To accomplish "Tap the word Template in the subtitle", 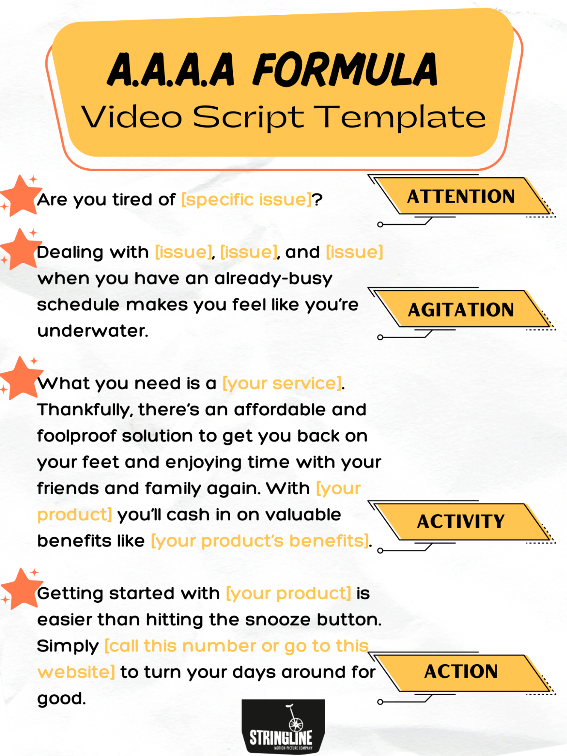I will click(x=400, y=117).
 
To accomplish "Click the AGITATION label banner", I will click(x=461, y=310).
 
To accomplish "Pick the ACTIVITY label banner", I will click(x=461, y=522).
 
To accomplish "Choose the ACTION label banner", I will click(x=461, y=672).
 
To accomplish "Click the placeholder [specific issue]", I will click(x=247, y=199).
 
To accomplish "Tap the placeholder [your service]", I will click(x=282, y=383).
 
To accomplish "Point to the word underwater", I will click(x=92, y=331).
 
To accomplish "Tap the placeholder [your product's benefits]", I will click(x=260, y=541).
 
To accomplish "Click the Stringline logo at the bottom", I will click(x=283, y=726).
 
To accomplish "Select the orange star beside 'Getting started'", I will click(x=21, y=588).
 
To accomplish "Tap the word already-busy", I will click(x=273, y=279).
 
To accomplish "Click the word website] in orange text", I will click(x=76, y=672).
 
